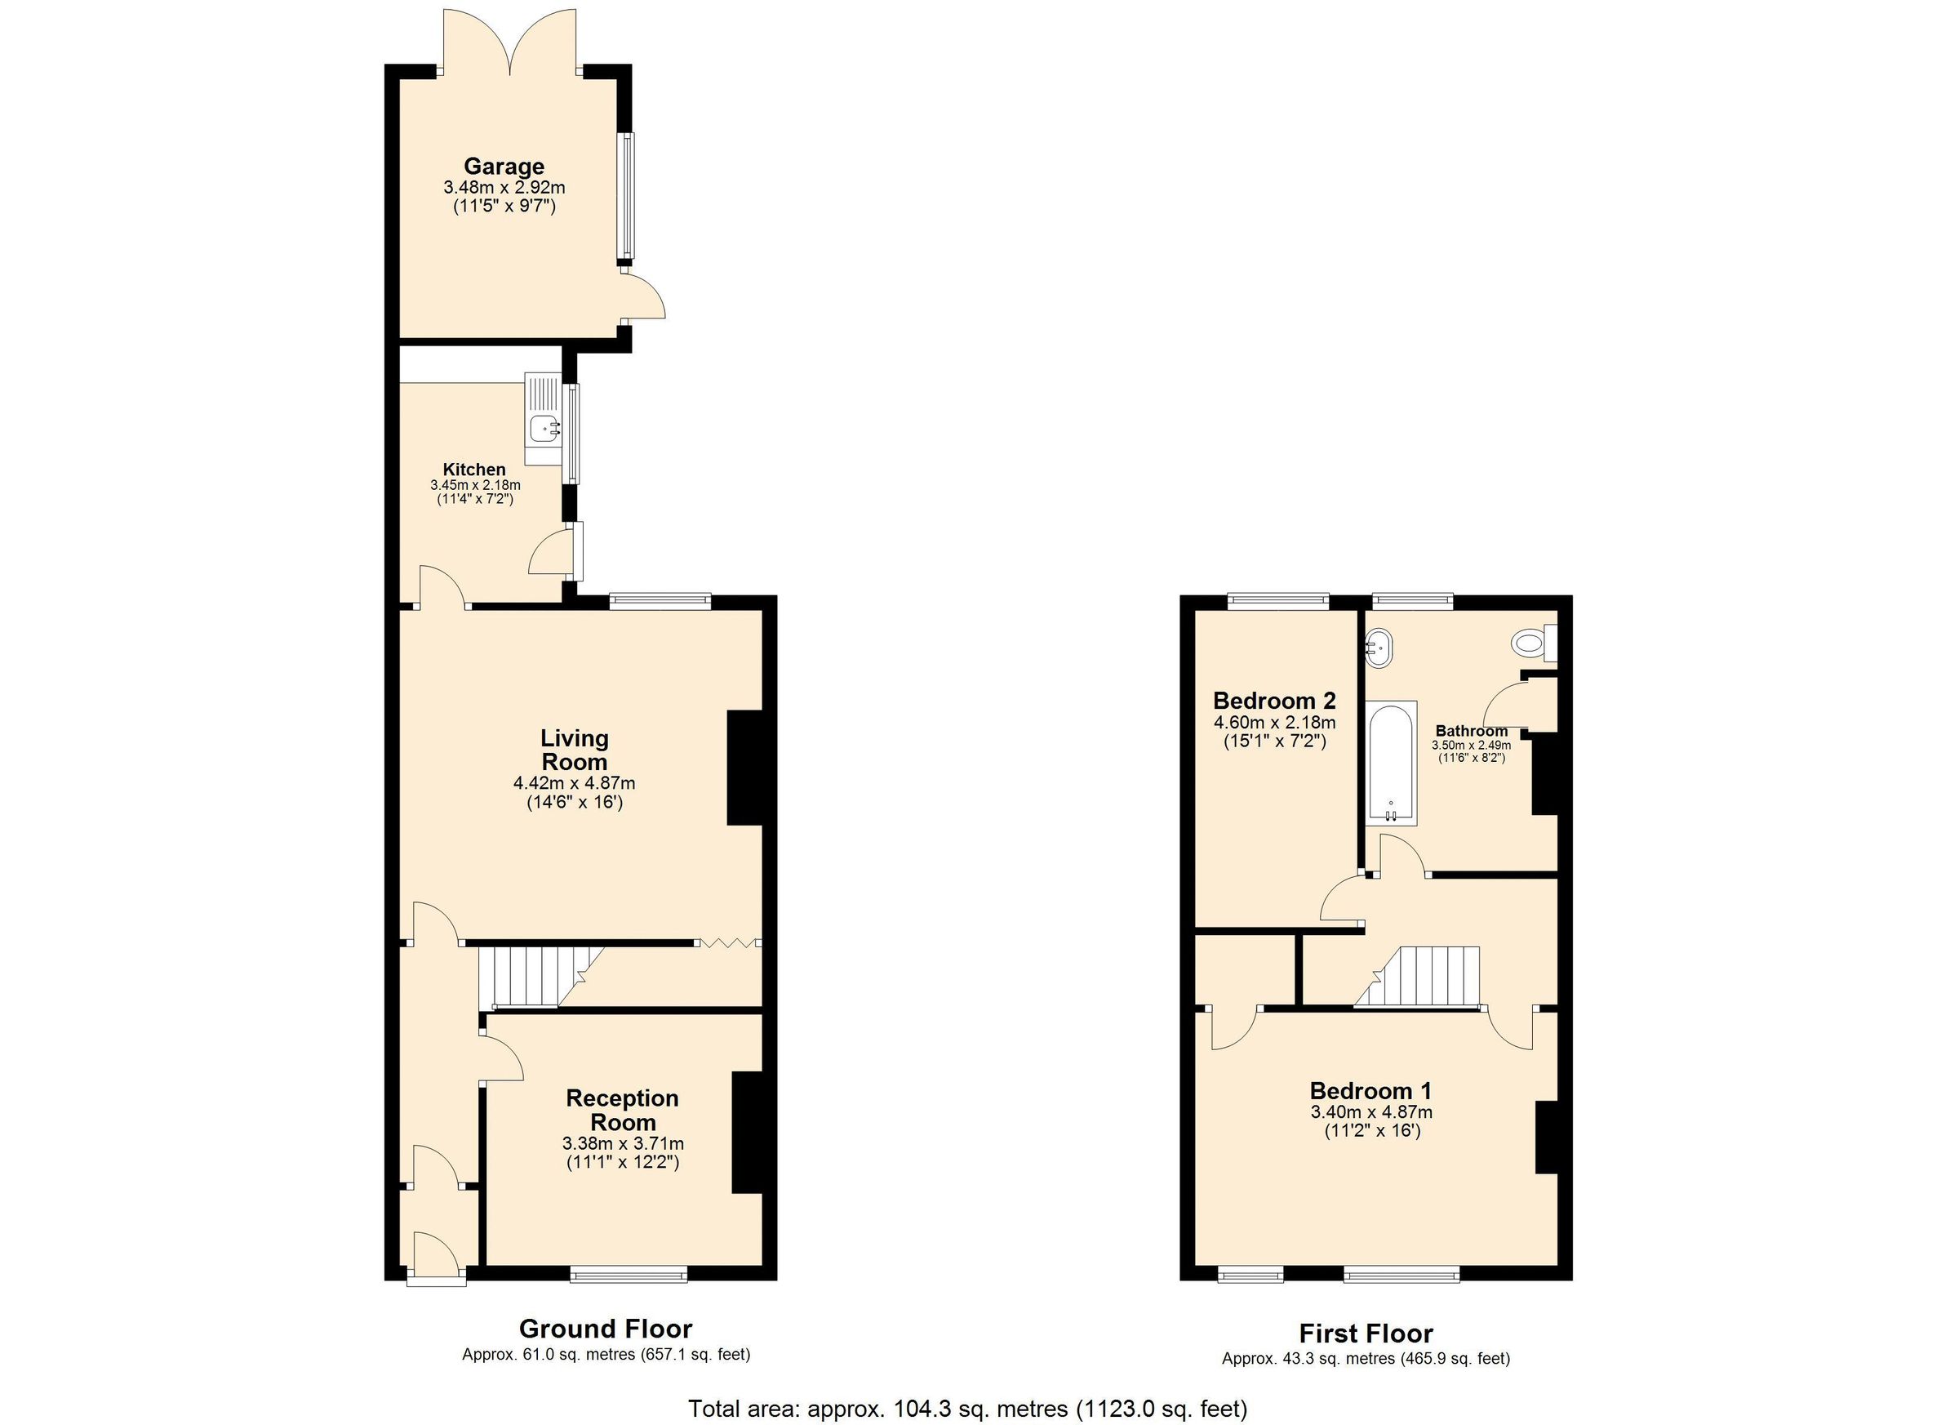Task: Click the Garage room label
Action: (x=504, y=166)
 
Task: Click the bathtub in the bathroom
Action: (x=1391, y=761)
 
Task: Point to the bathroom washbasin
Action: (x=1379, y=648)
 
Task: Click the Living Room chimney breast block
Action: (x=744, y=768)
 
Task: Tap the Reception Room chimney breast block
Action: (x=746, y=1132)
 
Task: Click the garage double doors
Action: (x=509, y=43)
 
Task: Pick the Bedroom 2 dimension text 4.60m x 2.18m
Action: (x=1274, y=723)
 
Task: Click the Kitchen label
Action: (x=474, y=470)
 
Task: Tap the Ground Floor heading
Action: (x=605, y=1328)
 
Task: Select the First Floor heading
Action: (x=1366, y=1334)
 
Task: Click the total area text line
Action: (x=967, y=1409)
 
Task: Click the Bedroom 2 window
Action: (x=1277, y=600)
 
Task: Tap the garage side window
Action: (x=625, y=197)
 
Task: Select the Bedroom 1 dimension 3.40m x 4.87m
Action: (x=1370, y=1112)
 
